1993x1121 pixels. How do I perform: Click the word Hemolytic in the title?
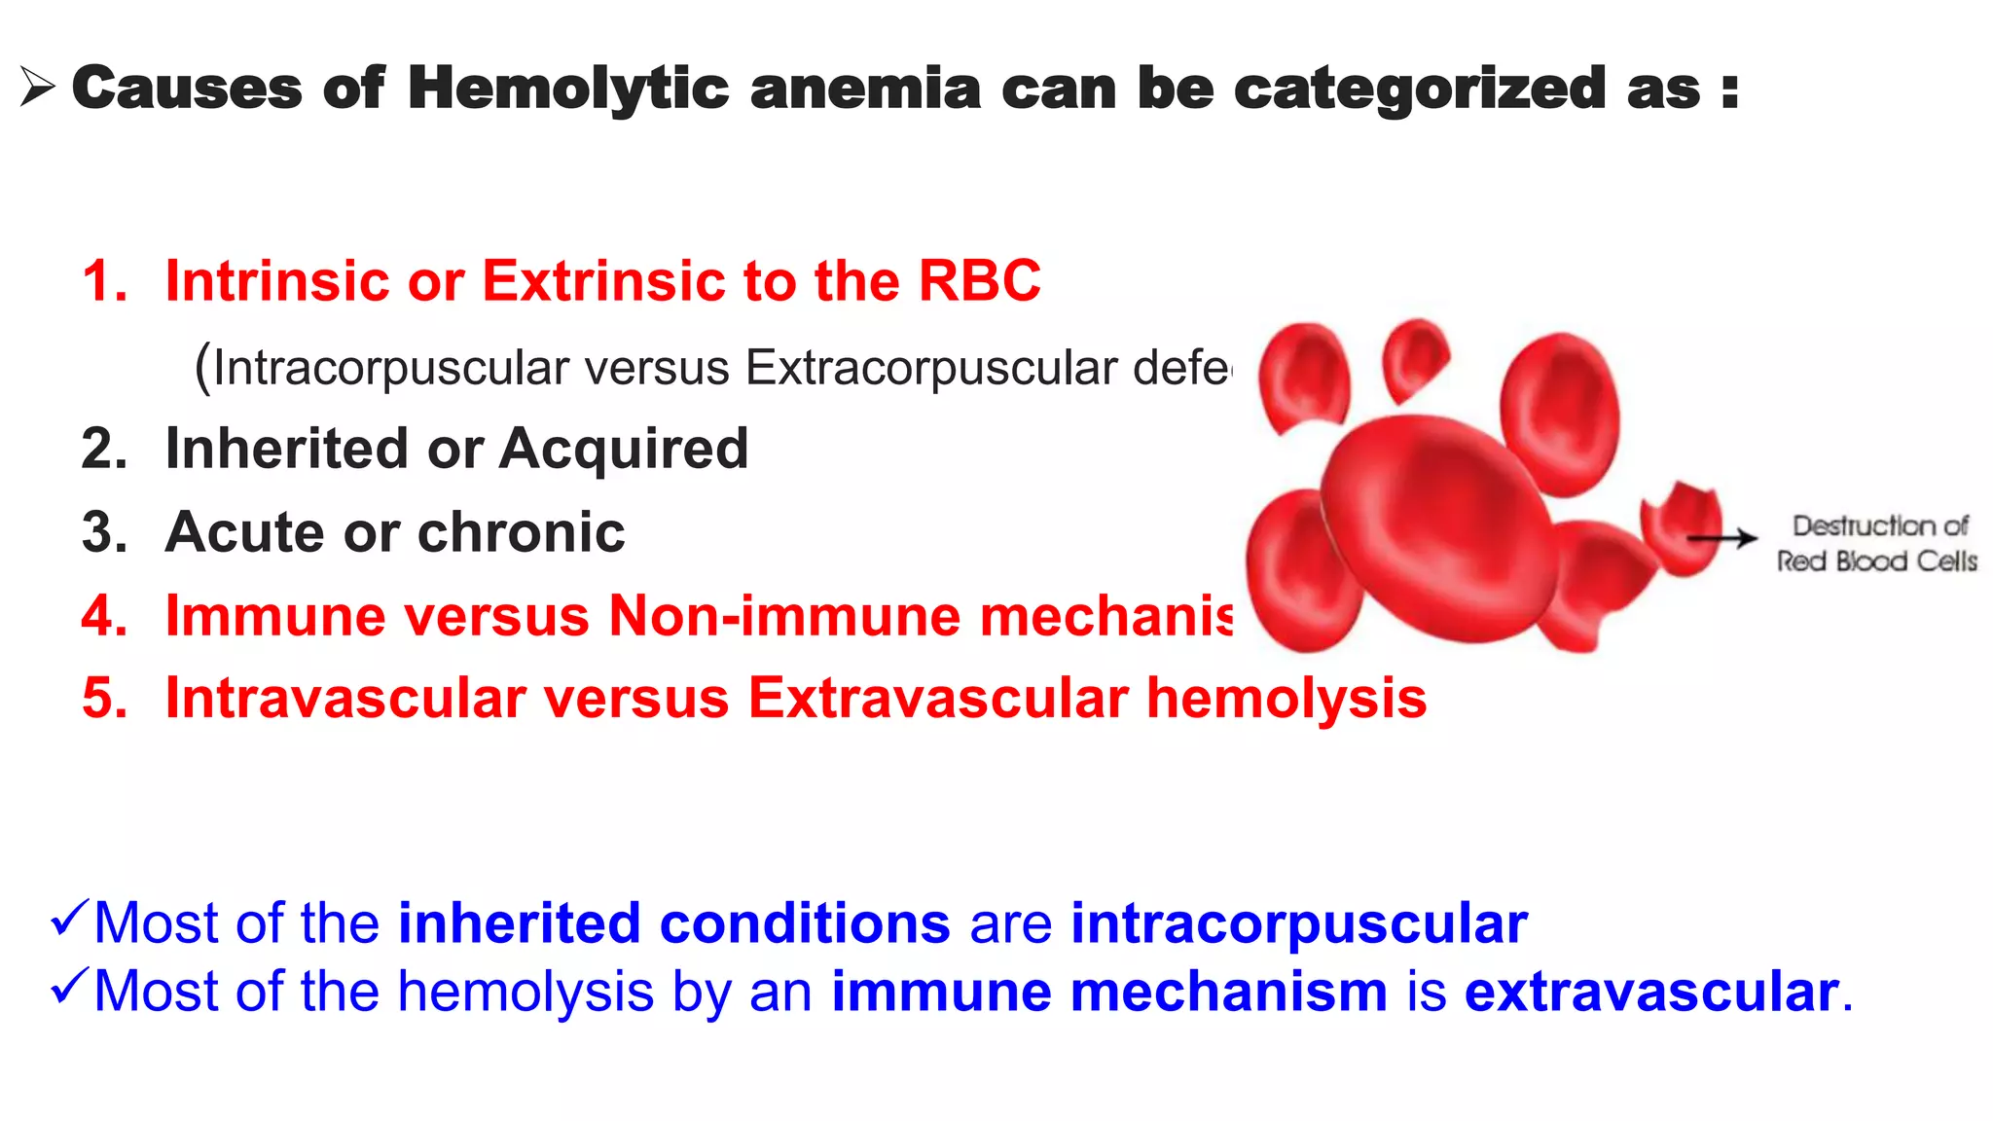coord(567,89)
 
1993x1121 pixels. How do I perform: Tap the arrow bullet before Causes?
coord(37,88)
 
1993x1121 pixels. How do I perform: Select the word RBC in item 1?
coord(979,281)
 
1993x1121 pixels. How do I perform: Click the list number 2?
coord(104,449)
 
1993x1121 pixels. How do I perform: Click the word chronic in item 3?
coord(522,532)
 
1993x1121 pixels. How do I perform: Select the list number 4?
coord(104,616)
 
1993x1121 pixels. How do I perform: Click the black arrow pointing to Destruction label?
coord(1721,537)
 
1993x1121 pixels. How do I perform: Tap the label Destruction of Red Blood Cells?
coord(1877,543)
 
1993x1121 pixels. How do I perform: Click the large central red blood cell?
coord(1440,525)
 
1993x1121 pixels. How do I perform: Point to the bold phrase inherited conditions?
coord(673,923)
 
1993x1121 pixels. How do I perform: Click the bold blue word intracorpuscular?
coord(1298,923)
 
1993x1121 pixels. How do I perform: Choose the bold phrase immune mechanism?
coord(1108,992)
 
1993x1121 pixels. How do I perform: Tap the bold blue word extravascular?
coord(1650,992)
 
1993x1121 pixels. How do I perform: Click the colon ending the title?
coord(1729,90)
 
